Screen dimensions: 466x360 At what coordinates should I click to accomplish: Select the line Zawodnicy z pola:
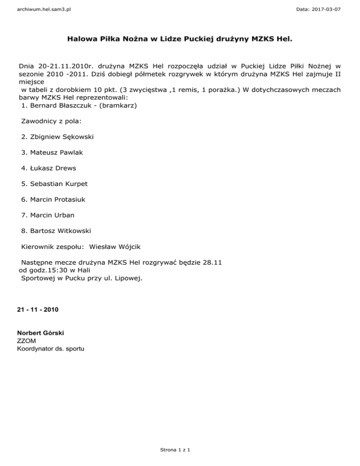[x=51, y=121]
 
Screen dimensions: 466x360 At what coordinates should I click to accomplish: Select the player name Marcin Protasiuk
[x=58, y=199]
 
